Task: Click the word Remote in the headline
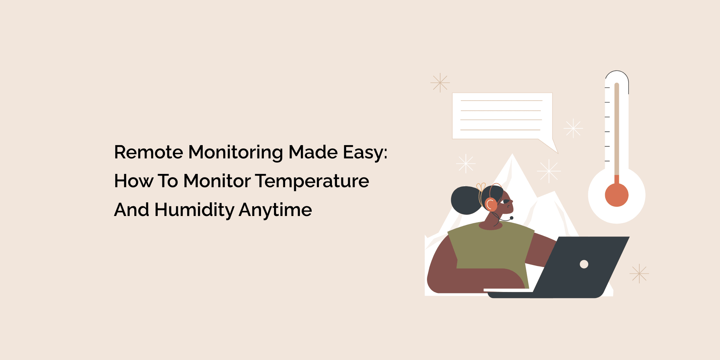(x=149, y=152)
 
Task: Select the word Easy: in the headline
(x=365, y=153)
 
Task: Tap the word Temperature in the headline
(x=312, y=181)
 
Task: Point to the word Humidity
(x=194, y=210)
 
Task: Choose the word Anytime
(x=275, y=210)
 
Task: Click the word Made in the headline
(x=313, y=152)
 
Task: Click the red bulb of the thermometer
(x=617, y=195)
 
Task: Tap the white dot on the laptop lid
(x=584, y=264)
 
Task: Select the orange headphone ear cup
(x=491, y=204)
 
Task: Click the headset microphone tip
(x=512, y=218)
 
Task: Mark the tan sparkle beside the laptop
(x=639, y=274)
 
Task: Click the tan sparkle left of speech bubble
(x=440, y=83)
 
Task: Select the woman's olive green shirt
(x=491, y=252)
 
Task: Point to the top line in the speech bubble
(x=501, y=100)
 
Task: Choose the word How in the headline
(x=134, y=181)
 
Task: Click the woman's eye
(x=507, y=201)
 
